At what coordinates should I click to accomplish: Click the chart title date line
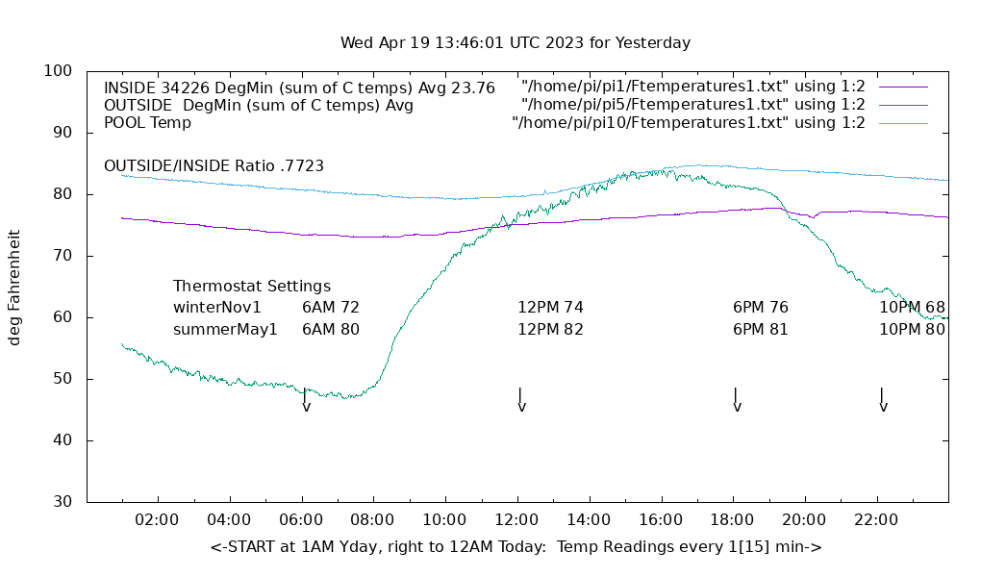tap(515, 43)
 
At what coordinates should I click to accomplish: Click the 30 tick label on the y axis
tap(63, 502)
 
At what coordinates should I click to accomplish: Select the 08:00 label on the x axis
tap(372, 520)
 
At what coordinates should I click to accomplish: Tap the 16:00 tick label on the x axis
tap(661, 520)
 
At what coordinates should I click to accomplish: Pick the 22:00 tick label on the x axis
tap(876, 520)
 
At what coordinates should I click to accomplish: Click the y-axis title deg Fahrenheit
tap(15, 287)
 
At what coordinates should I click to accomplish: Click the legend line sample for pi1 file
tap(902, 88)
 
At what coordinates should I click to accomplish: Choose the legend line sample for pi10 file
tap(902, 123)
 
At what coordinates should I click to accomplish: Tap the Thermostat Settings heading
tap(252, 287)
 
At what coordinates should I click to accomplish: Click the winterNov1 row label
tap(217, 308)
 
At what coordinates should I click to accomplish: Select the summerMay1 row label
tap(225, 329)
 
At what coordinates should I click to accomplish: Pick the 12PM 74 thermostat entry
tap(550, 308)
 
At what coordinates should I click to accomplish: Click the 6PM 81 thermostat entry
tap(760, 329)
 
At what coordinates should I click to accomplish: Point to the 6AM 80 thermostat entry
tap(330, 329)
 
